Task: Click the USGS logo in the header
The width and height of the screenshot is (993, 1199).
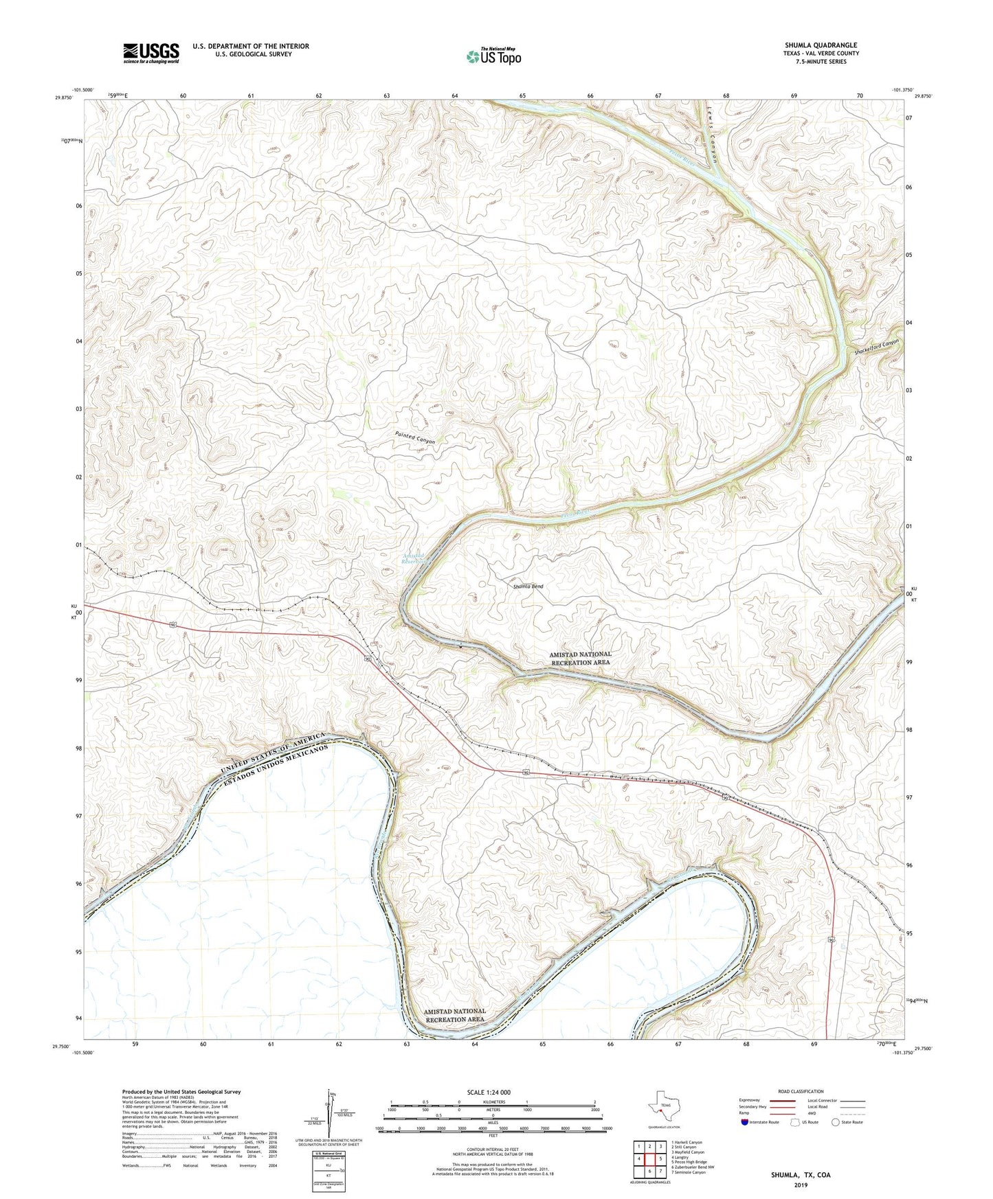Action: (150, 53)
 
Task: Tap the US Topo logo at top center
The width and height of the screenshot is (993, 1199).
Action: (493, 56)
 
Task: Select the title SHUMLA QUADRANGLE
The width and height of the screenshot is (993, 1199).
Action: (821, 45)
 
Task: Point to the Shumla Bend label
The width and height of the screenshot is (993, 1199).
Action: (528, 586)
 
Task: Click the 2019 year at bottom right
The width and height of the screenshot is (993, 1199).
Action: (801, 1185)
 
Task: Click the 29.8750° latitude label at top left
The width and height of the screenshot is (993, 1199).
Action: (63, 98)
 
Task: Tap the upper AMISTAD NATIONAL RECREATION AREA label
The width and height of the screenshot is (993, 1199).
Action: (580, 659)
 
